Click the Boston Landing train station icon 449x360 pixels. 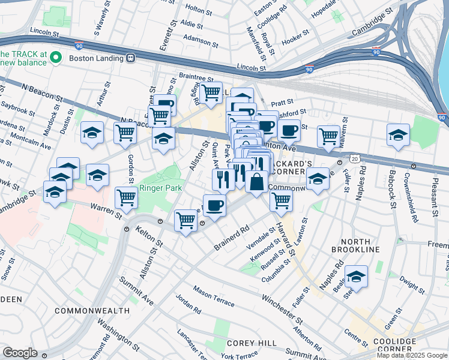130,58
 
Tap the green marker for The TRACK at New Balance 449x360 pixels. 56,58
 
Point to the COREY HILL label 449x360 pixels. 252,343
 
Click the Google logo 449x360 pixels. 20,353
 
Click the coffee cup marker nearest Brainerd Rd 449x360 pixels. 215,205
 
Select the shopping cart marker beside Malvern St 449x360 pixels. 328,136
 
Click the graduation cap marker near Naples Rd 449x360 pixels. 356,277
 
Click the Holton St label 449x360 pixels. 196,8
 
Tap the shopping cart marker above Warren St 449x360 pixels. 126,197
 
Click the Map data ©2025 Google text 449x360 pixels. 412,355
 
